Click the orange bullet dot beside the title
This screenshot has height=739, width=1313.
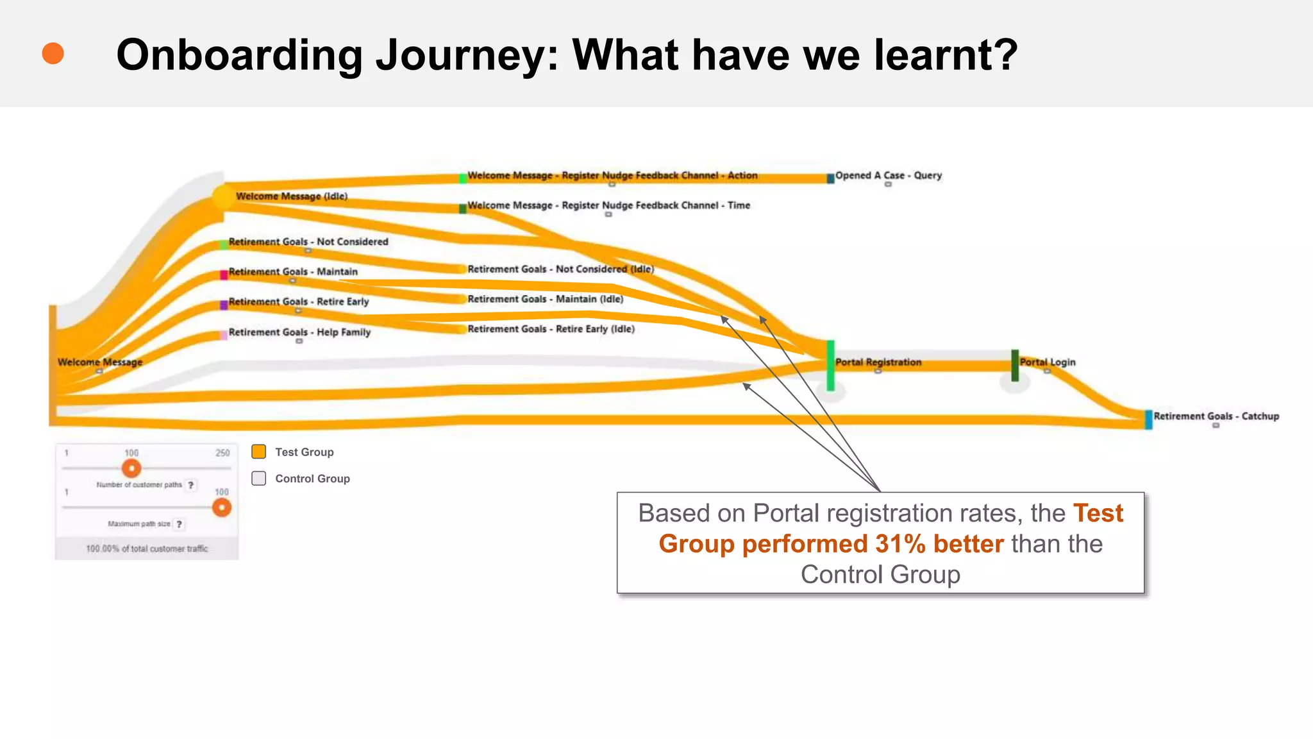point(53,53)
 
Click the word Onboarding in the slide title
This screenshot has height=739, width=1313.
point(239,55)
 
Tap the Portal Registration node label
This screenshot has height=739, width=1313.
point(878,362)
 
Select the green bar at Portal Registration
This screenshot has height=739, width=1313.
point(830,365)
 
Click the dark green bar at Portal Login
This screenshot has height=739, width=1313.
point(1014,365)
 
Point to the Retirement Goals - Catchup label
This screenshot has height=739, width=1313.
point(1216,416)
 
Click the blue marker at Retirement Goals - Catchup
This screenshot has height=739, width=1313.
point(1148,420)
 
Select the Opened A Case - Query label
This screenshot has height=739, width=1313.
point(888,175)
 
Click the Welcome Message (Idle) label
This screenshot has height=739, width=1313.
point(291,196)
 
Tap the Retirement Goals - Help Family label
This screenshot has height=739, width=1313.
point(299,332)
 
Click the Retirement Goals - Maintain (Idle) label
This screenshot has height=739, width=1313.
point(545,299)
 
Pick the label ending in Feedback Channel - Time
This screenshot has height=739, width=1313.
point(608,205)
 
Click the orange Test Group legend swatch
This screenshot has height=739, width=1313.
point(259,452)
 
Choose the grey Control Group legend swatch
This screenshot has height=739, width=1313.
point(259,478)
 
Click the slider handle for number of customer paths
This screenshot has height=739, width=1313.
point(131,468)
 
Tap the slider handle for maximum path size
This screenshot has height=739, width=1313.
point(222,507)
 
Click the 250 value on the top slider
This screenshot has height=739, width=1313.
point(222,453)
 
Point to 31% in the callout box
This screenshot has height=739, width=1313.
point(900,544)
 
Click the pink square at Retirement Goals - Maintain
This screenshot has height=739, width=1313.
point(224,275)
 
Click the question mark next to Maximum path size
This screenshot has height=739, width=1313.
point(180,524)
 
